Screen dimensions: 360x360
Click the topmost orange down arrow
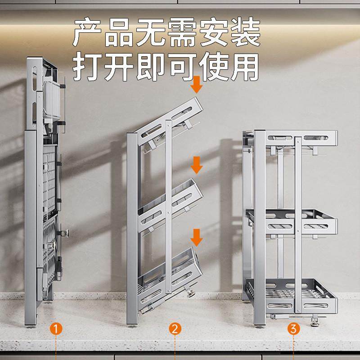pyautogui.click(x=197, y=85)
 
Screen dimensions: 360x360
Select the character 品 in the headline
pyautogui.click(x=119, y=33)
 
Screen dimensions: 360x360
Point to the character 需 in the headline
pyautogui.click(x=182, y=33)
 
